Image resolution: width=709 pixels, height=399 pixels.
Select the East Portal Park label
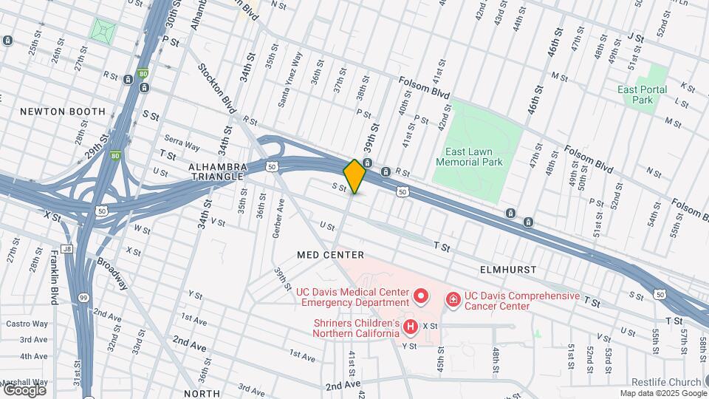[x=643, y=95]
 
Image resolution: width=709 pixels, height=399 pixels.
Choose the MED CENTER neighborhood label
[x=330, y=255]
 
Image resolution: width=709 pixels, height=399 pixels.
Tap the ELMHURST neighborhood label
[x=507, y=270]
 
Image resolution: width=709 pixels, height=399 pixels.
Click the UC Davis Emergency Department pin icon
[x=422, y=297]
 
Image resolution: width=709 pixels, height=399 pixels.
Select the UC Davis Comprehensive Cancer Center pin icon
[x=453, y=300]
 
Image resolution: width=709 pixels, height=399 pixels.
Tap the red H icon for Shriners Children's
[x=411, y=326]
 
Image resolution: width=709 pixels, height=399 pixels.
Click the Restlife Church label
[x=661, y=382]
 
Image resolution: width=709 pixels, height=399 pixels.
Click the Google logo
[x=24, y=389]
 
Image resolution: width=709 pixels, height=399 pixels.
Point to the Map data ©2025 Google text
[x=662, y=393]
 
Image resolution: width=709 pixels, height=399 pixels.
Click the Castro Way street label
[x=27, y=324]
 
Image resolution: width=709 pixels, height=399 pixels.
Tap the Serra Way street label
[x=182, y=141]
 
